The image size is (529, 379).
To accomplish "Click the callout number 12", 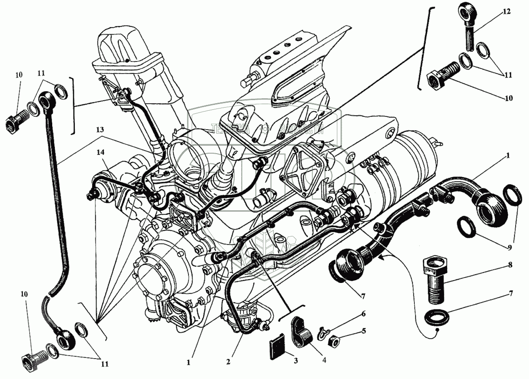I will click(506, 12).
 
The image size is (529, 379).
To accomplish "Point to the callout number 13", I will click(101, 130).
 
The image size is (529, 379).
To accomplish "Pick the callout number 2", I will click(228, 362).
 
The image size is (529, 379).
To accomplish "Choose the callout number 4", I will click(324, 360).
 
